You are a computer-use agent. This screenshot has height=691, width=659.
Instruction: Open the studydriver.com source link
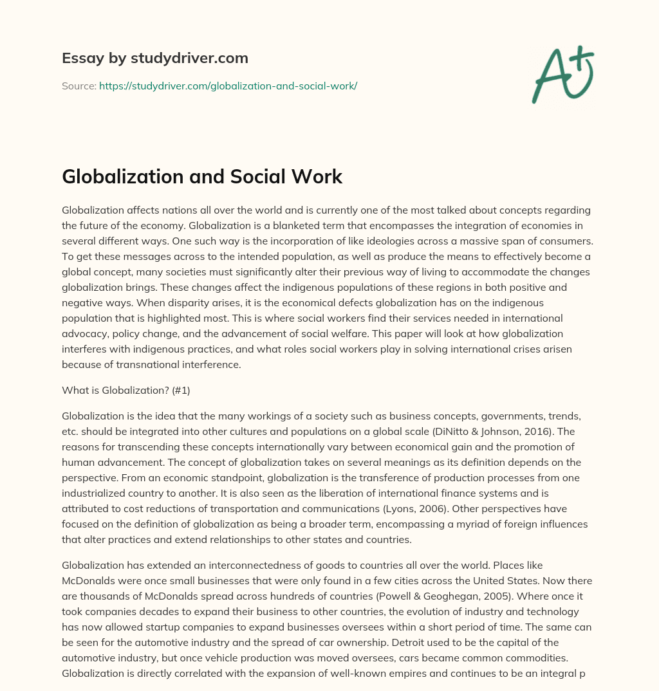(228, 86)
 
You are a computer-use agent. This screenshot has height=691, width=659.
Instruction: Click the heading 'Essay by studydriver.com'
(155, 58)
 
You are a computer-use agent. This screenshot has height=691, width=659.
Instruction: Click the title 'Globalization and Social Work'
(202, 177)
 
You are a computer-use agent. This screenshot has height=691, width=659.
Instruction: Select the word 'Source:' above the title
(79, 86)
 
